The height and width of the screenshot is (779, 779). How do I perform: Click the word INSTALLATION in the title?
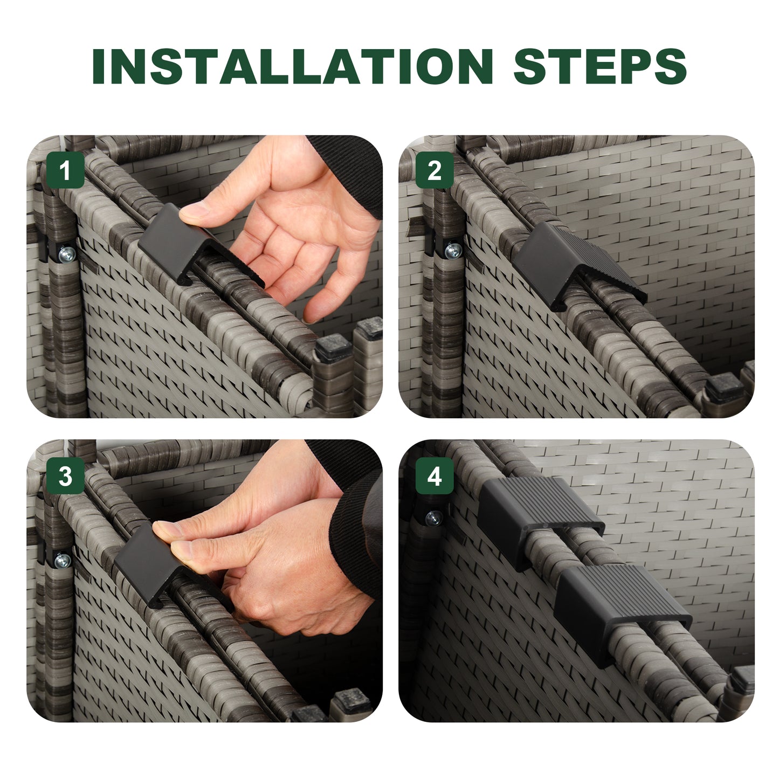pyautogui.click(x=293, y=66)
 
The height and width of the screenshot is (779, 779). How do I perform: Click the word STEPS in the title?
pyautogui.click(x=600, y=66)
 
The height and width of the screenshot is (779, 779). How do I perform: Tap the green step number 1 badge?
pyautogui.click(x=65, y=170)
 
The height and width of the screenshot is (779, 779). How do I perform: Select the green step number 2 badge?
pyautogui.click(x=435, y=170)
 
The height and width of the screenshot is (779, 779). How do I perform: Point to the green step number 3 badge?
pyautogui.click(x=65, y=476)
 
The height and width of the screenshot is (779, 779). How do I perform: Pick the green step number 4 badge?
pyautogui.click(x=435, y=476)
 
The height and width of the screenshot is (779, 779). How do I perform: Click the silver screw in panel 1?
pyautogui.click(x=67, y=254)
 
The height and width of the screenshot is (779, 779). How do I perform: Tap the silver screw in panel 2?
pyautogui.click(x=453, y=251)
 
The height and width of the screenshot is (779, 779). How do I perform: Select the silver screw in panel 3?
pyautogui.click(x=63, y=560)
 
